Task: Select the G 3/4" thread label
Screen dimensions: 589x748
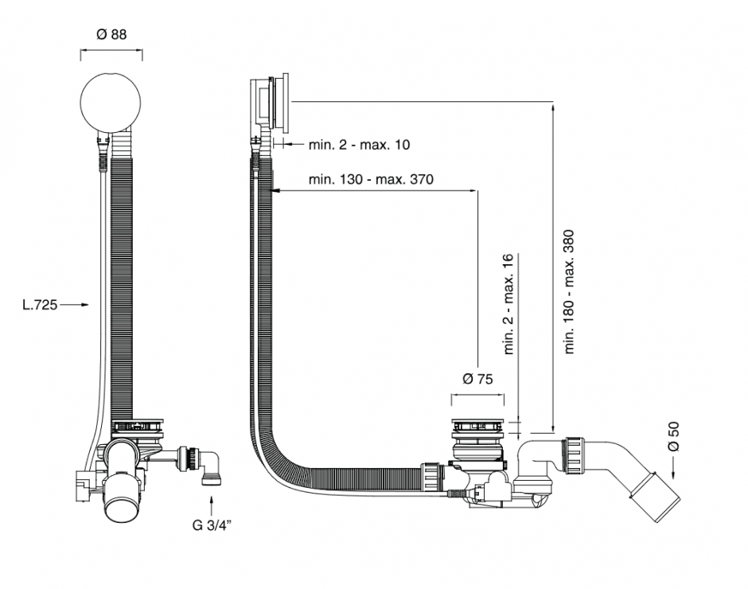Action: point(211,525)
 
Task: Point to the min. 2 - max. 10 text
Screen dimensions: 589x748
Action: point(360,145)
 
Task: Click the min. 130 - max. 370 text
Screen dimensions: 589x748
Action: point(371,179)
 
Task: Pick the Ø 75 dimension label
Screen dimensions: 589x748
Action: point(477,378)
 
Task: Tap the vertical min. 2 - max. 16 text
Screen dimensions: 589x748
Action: point(508,303)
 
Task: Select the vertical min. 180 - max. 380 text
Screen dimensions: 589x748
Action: point(569,291)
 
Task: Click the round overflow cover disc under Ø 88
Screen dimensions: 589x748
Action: point(111,101)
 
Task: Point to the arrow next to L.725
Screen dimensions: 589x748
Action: point(75,304)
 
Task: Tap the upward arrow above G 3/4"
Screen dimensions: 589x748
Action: point(211,504)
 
